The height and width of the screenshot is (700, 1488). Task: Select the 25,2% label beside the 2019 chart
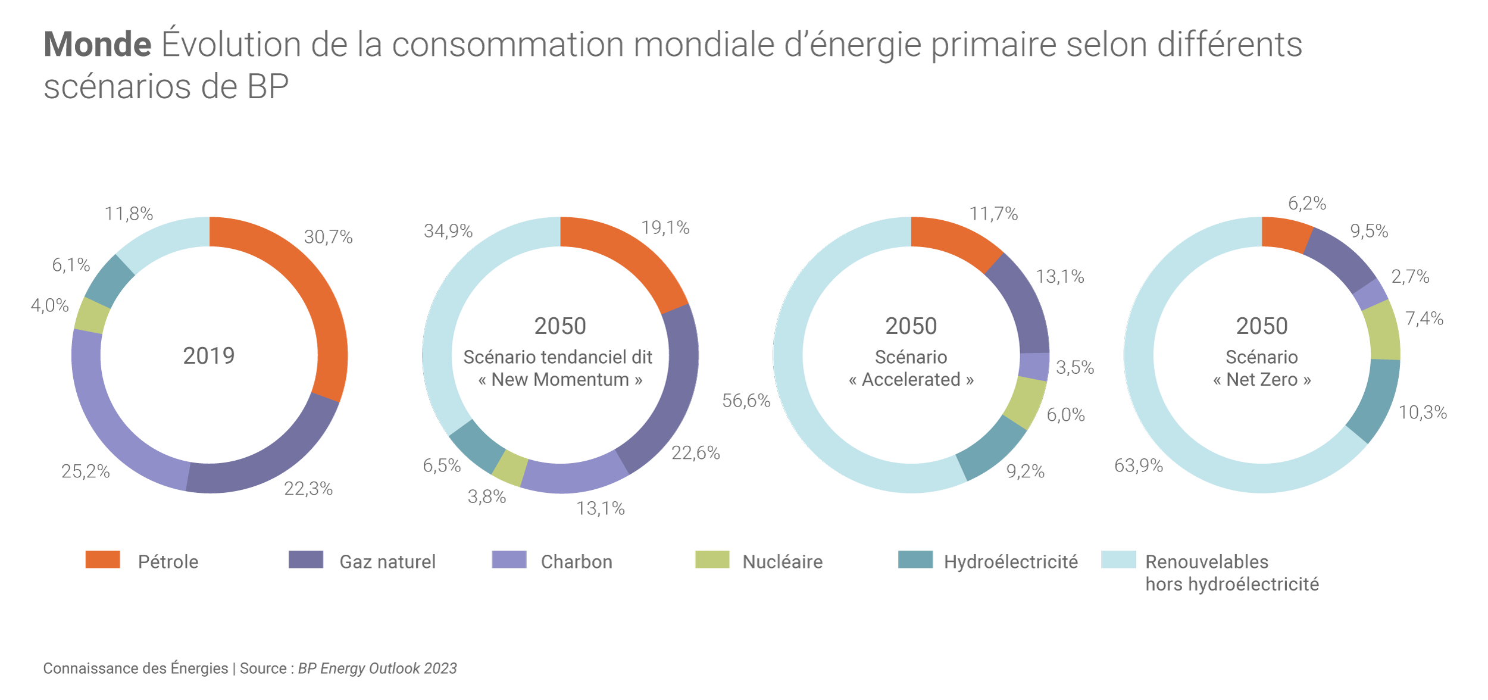86,471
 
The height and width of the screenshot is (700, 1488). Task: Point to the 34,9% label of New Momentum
448,231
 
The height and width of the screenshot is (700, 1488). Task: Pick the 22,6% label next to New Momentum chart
695,453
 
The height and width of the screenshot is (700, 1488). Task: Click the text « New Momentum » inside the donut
560,380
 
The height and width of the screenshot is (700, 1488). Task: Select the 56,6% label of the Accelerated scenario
746,401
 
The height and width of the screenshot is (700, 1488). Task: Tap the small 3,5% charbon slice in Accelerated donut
1034,366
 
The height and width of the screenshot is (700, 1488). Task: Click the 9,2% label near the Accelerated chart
1025,471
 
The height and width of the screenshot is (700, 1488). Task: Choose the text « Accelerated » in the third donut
911,380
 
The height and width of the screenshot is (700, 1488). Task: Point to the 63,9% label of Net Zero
1138,465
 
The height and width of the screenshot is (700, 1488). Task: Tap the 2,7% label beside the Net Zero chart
1409,276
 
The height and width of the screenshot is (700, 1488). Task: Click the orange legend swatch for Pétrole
102,560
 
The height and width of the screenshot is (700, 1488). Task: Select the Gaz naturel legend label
387,562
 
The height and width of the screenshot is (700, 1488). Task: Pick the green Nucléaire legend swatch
712,560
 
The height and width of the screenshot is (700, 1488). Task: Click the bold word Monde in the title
98,45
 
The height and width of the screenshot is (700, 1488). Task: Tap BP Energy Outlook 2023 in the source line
377,668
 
